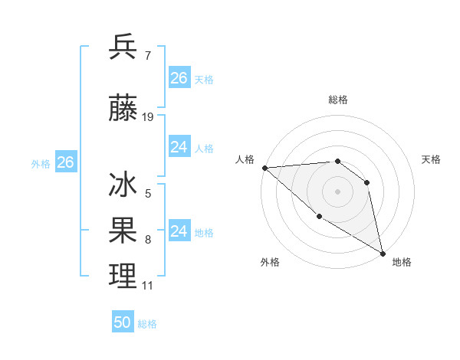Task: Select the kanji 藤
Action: [123, 110]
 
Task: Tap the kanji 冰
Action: [123, 186]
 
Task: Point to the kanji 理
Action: [123, 276]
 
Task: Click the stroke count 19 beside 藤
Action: [148, 117]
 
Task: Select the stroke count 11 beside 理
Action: [147, 286]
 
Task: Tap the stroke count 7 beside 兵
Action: [147, 54]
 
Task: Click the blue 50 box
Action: [123, 322]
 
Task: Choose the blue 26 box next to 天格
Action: [179, 78]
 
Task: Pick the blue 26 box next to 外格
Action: [65, 162]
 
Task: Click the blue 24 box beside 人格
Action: [179, 147]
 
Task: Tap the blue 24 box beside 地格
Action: [179, 231]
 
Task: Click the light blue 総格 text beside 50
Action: [147, 324]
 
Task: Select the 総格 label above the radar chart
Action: [337, 100]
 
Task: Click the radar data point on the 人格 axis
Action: [264, 168]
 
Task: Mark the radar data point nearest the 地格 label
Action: [383, 254]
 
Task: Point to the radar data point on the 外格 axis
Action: [319, 217]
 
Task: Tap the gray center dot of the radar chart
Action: [337, 191]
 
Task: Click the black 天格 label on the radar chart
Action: [431, 159]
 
